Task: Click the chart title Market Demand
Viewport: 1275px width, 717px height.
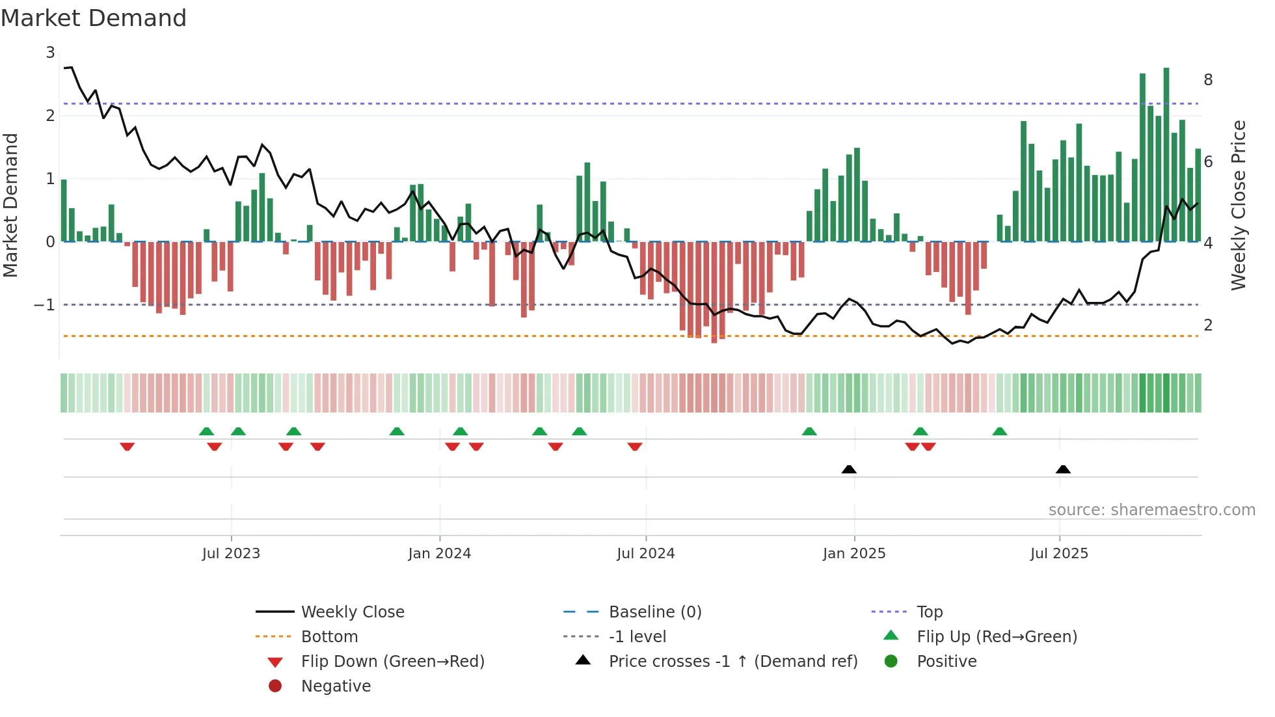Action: tap(94, 18)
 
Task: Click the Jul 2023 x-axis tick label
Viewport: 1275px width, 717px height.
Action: tap(231, 554)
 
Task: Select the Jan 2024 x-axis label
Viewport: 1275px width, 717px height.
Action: tap(439, 554)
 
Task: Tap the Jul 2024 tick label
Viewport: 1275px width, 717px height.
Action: tap(645, 554)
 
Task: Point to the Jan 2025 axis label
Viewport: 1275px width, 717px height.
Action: tap(853, 554)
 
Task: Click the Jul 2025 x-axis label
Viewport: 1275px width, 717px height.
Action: tap(1059, 554)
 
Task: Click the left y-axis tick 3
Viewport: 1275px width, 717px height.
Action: tap(50, 53)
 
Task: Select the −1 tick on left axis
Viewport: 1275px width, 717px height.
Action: tap(44, 304)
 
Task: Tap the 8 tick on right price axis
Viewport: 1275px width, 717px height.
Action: tap(1208, 80)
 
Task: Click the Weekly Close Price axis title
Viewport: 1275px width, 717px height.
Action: tap(1239, 205)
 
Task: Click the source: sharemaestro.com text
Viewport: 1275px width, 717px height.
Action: tap(1151, 510)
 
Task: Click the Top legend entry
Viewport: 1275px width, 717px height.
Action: tap(930, 612)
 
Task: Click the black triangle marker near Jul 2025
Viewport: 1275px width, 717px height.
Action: tap(1063, 470)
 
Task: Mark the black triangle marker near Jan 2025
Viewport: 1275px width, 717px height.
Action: tap(849, 470)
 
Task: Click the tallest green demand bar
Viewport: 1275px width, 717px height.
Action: tap(1166, 156)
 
